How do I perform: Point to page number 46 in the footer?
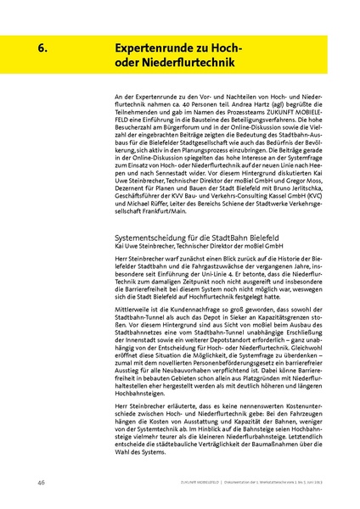point(41,483)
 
